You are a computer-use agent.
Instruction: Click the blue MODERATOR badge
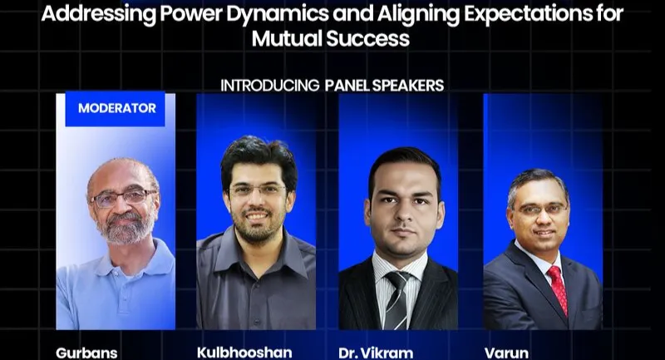pyautogui.click(x=116, y=108)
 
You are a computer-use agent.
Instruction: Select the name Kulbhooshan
pyautogui.click(x=244, y=352)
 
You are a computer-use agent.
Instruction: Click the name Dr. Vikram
pyautogui.click(x=376, y=353)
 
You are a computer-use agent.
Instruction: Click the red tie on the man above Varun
pyautogui.click(x=556, y=287)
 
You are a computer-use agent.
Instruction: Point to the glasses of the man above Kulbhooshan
pyautogui.click(x=257, y=191)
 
